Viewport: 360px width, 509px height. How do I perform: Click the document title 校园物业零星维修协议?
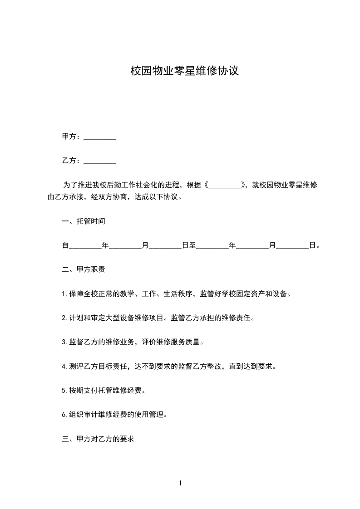click(184, 71)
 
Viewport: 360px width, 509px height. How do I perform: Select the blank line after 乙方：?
click(100, 161)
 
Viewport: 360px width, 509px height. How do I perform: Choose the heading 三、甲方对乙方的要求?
click(98, 440)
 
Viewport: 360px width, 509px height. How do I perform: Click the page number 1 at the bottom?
click(180, 483)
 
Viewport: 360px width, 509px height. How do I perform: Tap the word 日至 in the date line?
click(189, 246)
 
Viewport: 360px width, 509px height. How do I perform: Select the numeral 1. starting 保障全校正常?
click(64, 294)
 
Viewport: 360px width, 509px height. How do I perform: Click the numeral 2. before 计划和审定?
click(64, 318)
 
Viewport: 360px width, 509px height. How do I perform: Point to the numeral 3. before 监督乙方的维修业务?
click(64, 342)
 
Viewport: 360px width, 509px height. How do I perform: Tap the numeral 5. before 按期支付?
click(64, 391)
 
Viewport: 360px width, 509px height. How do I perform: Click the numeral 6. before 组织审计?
click(64, 415)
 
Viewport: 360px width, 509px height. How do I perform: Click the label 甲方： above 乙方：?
click(72, 137)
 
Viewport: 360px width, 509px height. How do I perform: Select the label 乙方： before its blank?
click(72, 161)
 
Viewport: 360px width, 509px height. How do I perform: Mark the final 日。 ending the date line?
click(314, 246)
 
